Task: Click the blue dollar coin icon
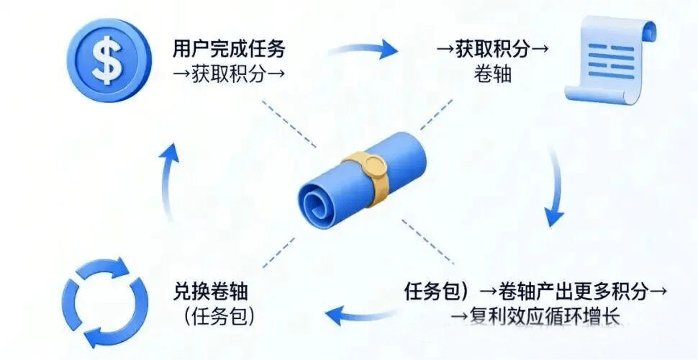pyautogui.click(x=109, y=60)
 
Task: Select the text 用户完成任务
pyautogui.click(x=229, y=50)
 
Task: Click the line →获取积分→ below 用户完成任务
pyautogui.click(x=229, y=73)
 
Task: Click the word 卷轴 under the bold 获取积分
pyautogui.click(x=494, y=73)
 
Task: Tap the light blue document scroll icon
pyautogui.click(x=611, y=60)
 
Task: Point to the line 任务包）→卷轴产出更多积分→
pyautogui.click(x=536, y=292)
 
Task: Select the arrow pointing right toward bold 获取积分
pyautogui.click(x=363, y=49)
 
